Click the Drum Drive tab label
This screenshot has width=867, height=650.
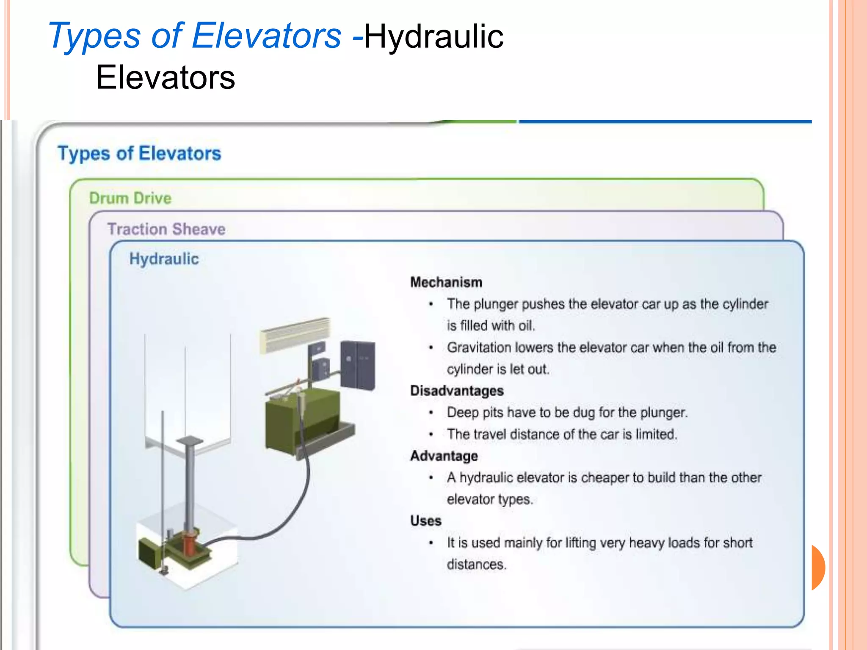[130, 198]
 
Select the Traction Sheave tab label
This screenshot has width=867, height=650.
[166, 229]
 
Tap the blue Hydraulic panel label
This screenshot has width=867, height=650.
[164, 259]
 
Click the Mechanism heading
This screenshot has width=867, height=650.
[446, 282]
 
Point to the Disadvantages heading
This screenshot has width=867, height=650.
[456, 391]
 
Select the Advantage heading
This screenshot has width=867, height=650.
[444, 456]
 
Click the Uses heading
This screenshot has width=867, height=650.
[425, 521]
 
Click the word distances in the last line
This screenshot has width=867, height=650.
[476, 565]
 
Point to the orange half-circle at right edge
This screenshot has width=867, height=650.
[818, 567]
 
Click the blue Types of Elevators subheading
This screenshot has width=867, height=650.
[139, 153]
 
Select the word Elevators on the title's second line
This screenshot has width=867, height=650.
[166, 78]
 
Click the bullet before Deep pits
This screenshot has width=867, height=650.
[431, 413]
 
